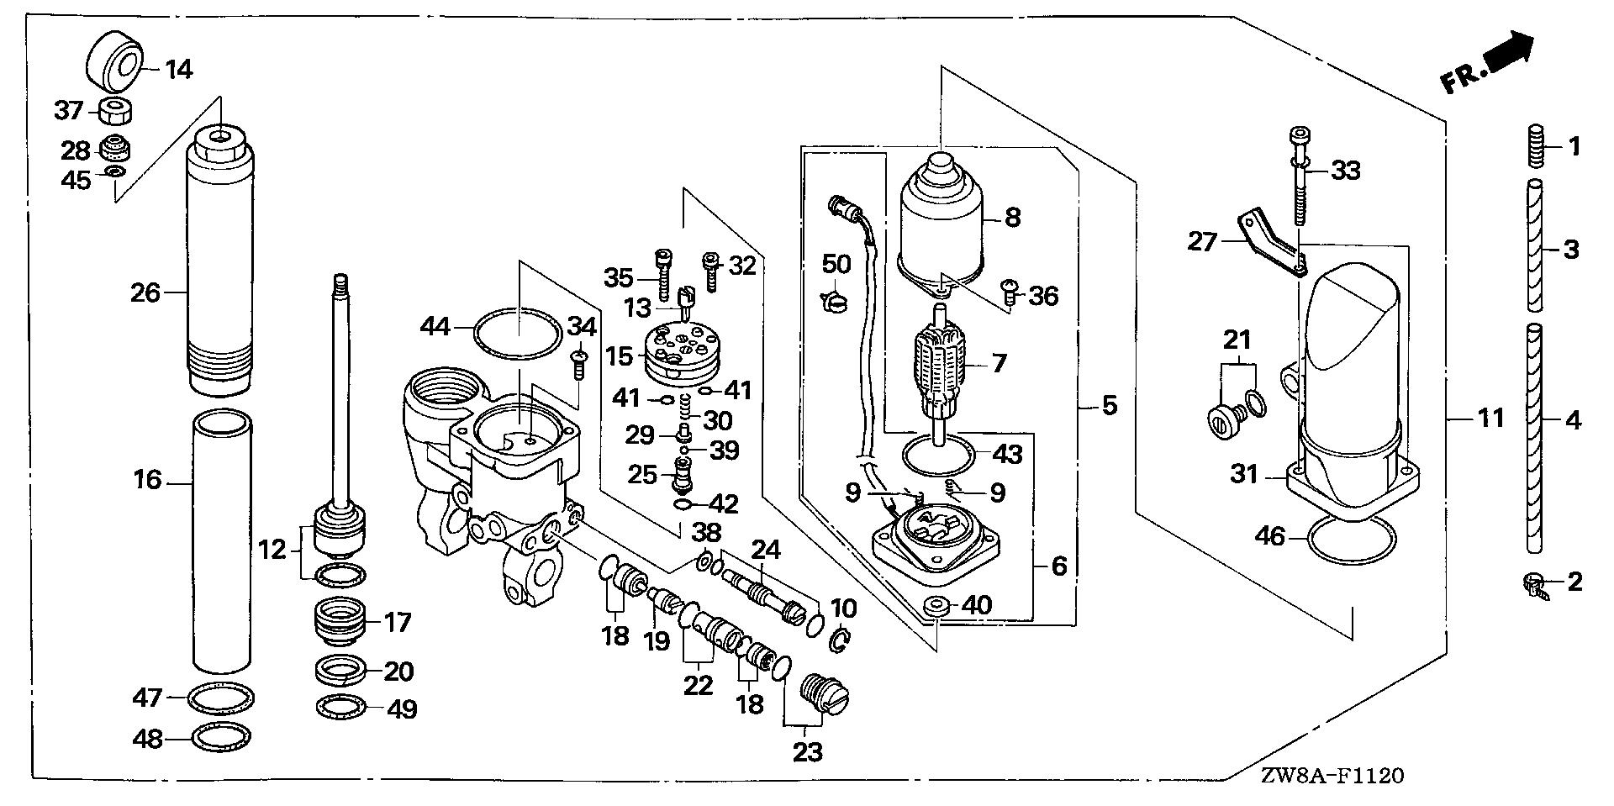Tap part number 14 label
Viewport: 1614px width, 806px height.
pyautogui.click(x=177, y=69)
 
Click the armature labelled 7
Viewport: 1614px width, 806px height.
pyautogui.click(x=940, y=371)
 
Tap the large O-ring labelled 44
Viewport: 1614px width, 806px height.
pyautogui.click(x=519, y=334)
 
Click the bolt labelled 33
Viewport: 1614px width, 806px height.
pyautogui.click(x=1299, y=176)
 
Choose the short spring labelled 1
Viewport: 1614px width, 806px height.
pyautogui.click(x=1536, y=145)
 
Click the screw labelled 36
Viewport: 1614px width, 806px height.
pyautogui.click(x=1011, y=292)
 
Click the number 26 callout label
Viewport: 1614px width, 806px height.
pyautogui.click(x=145, y=292)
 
